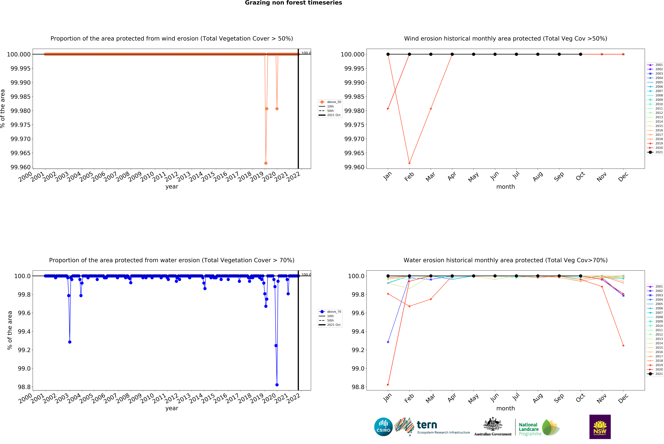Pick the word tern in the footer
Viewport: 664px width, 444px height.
point(427,425)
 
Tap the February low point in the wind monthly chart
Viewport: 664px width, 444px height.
point(409,163)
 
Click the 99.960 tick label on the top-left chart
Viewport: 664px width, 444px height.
point(20,167)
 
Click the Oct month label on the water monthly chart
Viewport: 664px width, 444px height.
point(580,398)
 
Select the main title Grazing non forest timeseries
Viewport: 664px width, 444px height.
point(293,3)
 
